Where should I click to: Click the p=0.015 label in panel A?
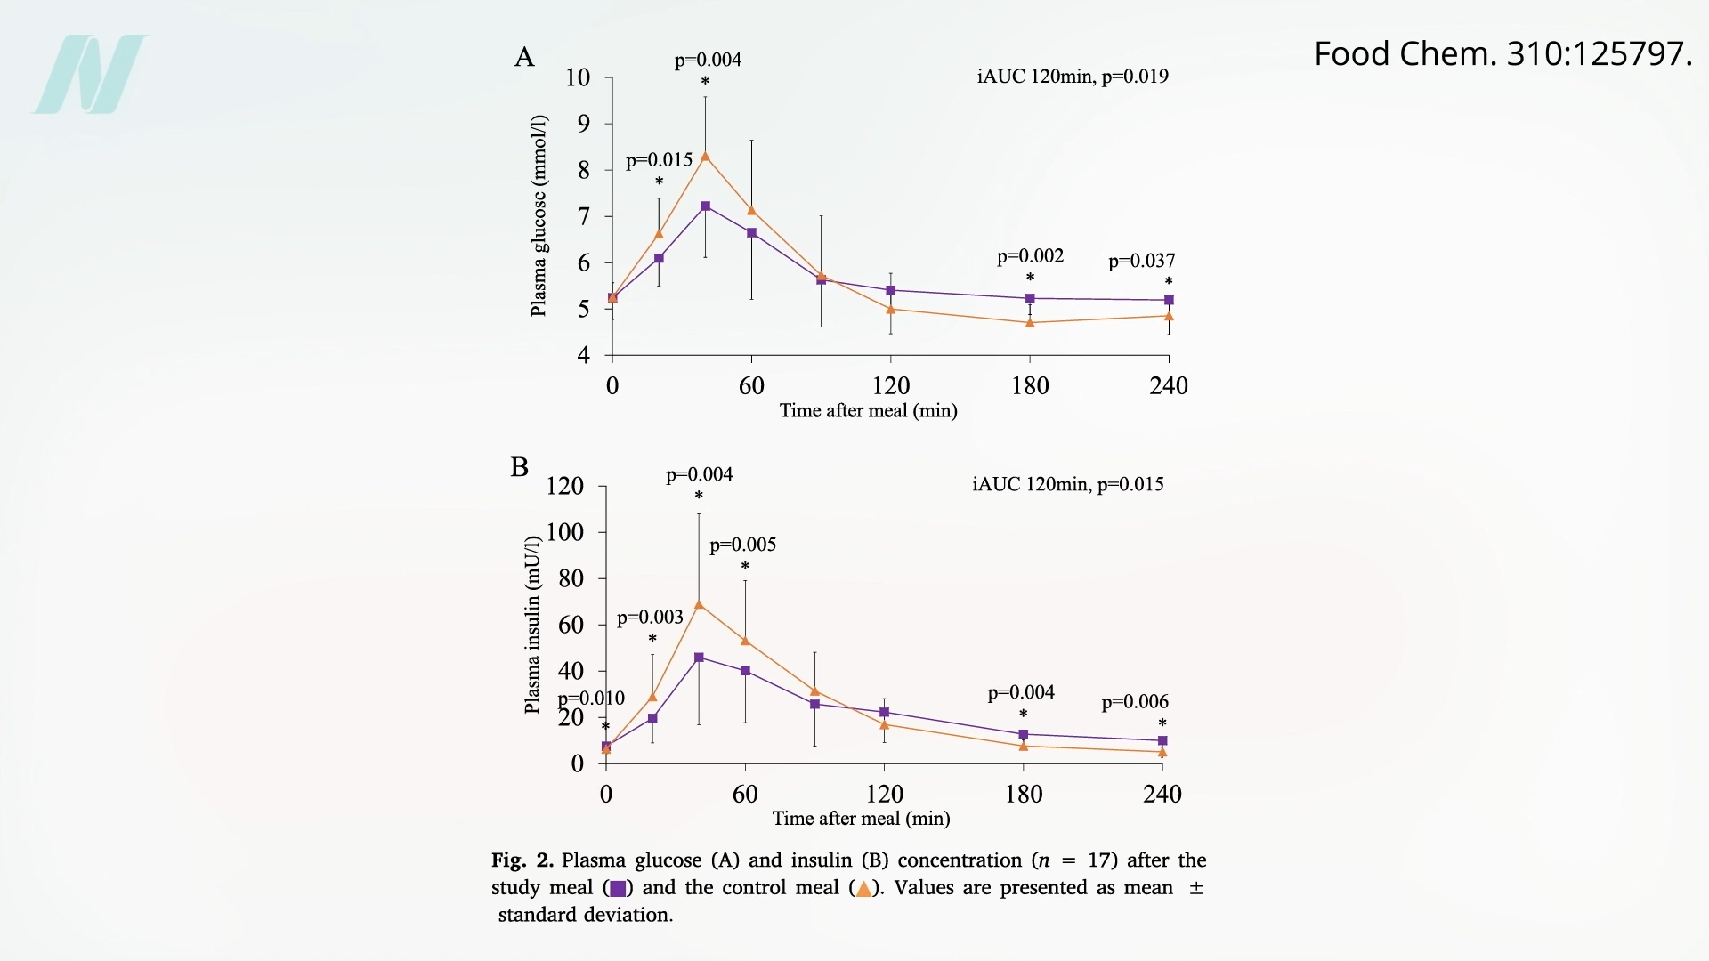[659, 160]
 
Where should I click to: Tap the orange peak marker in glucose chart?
[705, 157]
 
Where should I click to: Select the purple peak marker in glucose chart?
[705, 206]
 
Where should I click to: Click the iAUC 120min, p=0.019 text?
[1073, 77]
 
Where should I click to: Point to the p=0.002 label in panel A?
[1030, 256]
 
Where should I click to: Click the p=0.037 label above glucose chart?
[1141, 261]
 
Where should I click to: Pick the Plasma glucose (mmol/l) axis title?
[539, 215]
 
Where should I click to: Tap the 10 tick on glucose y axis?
[578, 78]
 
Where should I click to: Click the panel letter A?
[524, 58]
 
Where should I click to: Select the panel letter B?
[520, 467]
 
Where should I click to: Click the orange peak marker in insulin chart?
[699, 604]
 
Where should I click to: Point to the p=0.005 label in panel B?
[742, 545]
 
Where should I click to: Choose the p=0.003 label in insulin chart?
[650, 618]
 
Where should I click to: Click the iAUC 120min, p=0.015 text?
[1068, 484]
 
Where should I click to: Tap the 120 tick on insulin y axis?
[565, 486]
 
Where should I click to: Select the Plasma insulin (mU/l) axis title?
[532, 625]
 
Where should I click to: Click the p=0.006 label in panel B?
[1135, 702]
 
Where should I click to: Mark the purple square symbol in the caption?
[618, 888]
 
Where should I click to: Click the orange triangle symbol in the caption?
[863, 888]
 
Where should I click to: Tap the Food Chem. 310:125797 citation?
[1502, 54]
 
